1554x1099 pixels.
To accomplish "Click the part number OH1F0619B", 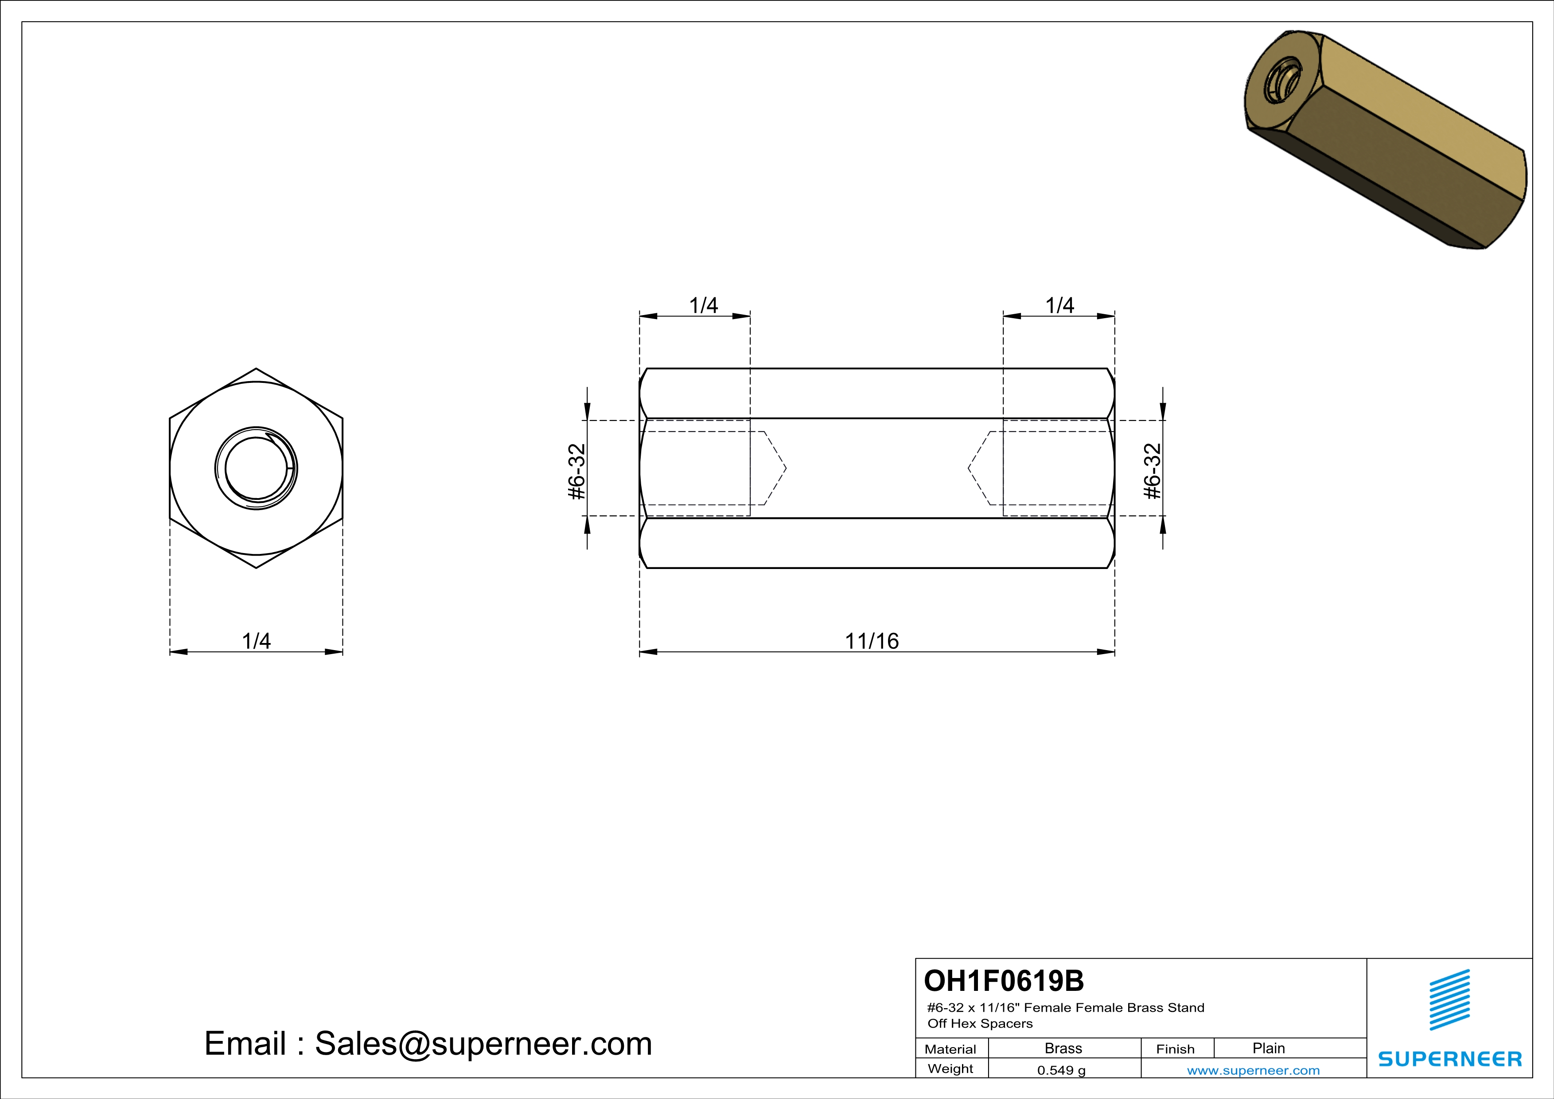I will point(1004,981).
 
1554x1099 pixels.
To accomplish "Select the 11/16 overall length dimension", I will point(871,641).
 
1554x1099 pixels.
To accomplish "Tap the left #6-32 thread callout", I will point(576,472).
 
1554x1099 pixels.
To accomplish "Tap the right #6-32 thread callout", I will point(1152,472).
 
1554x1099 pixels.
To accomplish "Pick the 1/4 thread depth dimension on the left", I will point(703,305).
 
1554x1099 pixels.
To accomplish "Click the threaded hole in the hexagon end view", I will point(256,468).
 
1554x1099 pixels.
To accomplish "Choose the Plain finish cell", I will point(1268,1048).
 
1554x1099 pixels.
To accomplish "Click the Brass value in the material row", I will point(1063,1048).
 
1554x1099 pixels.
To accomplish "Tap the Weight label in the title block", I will point(950,1068).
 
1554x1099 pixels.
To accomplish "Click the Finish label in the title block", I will point(1175,1049).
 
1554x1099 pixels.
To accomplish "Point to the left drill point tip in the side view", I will point(785,468).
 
